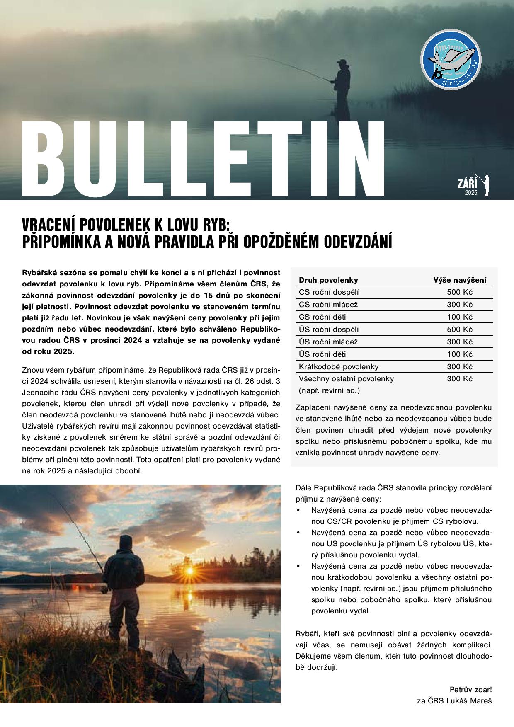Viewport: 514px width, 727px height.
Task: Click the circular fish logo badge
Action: [451, 59]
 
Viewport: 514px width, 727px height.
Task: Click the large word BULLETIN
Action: [203, 159]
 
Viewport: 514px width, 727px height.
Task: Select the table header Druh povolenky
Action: [328, 280]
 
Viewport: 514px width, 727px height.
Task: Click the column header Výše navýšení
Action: [460, 280]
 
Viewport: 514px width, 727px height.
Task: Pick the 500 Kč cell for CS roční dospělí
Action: [459, 292]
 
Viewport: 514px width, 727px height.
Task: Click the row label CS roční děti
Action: [322, 317]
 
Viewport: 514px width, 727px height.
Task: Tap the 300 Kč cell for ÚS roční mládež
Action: [459, 342]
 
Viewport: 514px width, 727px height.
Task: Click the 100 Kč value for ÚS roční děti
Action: [459, 354]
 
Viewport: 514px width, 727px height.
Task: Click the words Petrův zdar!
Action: [470, 690]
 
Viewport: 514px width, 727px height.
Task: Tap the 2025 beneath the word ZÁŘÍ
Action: [471, 193]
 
